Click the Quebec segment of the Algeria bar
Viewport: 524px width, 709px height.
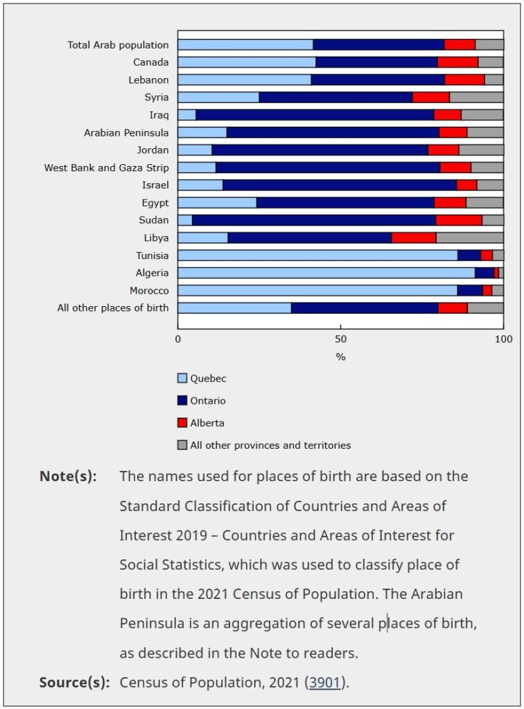click(x=326, y=273)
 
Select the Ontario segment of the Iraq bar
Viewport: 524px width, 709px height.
click(x=315, y=115)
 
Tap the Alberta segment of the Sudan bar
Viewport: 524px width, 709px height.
click(x=459, y=220)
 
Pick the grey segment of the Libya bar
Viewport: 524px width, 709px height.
click(x=469, y=237)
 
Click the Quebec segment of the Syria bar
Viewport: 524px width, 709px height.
click(x=218, y=97)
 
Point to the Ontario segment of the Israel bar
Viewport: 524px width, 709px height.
click(x=340, y=185)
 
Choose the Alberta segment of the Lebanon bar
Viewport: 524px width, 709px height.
click(x=464, y=80)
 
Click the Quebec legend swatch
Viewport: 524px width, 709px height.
click(x=183, y=379)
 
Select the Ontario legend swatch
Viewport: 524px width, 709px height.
click(x=183, y=401)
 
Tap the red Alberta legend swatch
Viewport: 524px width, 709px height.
click(x=183, y=423)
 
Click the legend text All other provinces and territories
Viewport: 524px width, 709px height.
click(x=270, y=445)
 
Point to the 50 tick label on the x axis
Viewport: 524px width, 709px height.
click(x=340, y=339)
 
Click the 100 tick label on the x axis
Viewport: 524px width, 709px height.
click(x=503, y=339)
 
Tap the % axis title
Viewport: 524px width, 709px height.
click(x=340, y=357)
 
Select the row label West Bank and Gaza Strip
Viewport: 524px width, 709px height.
click(x=106, y=168)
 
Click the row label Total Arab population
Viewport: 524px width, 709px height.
click(x=118, y=45)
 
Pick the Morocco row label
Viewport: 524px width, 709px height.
click(x=149, y=290)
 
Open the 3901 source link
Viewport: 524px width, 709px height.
click(x=325, y=683)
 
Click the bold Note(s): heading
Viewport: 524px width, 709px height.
click(x=68, y=476)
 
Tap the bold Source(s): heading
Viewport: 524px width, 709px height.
click(x=74, y=683)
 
